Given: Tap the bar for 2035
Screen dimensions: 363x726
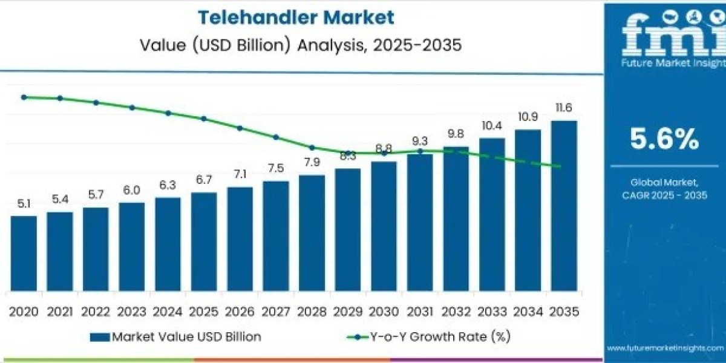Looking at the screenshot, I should pos(564,206).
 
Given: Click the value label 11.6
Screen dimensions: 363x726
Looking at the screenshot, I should pos(564,108).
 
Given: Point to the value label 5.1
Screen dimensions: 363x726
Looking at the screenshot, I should pos(24,204).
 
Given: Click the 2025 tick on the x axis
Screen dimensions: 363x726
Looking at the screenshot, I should pos(203,312).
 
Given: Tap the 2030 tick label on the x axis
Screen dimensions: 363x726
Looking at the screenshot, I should pos(384,312).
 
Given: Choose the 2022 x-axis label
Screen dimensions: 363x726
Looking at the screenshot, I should pos(96,312).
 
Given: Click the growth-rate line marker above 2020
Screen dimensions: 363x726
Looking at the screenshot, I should pos(24,97).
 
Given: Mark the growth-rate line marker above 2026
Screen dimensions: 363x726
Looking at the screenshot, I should pos(240,128).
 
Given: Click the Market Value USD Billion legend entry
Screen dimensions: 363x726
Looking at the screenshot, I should pos(175,336).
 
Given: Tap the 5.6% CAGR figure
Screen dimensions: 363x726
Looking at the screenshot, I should pos(664,140).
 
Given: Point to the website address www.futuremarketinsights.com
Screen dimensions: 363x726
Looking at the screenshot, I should pos(665,348).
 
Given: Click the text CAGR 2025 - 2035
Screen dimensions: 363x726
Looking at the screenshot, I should pos(664,195).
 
